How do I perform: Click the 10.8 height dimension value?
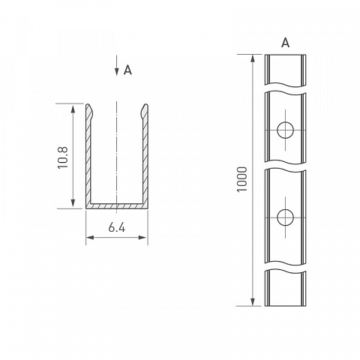tap(63, 158)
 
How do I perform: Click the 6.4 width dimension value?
tap(117, 227)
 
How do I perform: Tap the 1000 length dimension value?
tap(242, 179)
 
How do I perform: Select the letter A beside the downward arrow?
tap(127, 70)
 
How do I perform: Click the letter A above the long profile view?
tap(285, 43)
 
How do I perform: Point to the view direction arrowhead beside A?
tap(117, 72)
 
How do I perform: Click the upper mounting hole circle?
tap(285, 130)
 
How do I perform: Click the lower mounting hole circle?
tap(285, 217)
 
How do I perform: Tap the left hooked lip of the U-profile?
tap(89, 111)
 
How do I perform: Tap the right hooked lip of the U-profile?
tap(145, 111)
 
